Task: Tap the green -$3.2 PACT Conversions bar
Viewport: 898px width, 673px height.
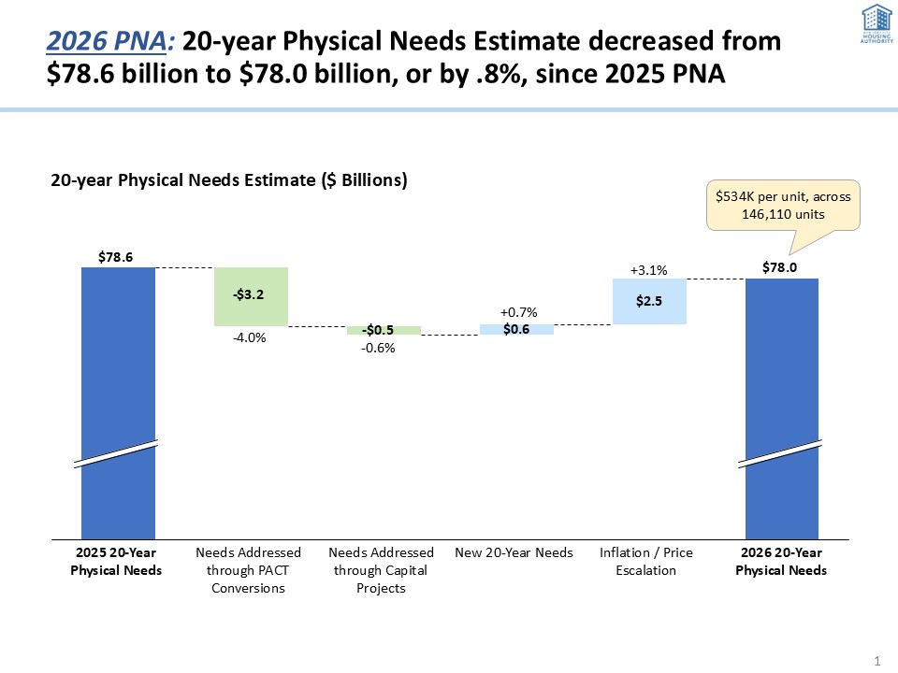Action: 251,296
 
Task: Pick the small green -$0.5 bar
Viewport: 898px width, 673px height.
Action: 384,330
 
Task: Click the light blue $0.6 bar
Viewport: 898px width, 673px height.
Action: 516,329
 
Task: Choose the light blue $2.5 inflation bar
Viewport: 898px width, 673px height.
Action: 649,301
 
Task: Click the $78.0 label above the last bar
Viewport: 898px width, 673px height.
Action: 781,266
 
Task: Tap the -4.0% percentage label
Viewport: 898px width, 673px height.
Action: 250,338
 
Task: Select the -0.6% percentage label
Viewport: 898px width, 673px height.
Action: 379,348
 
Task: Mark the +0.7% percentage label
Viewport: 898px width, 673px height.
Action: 517,311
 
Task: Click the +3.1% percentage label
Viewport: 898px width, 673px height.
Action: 648,270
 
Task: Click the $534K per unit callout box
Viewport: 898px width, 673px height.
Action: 781,205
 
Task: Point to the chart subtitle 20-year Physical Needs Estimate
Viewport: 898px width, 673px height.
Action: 228,181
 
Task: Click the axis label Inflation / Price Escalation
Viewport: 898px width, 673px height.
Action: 646,562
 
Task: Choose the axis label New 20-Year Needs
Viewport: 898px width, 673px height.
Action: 514,553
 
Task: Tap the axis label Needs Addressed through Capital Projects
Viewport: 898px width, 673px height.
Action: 381,570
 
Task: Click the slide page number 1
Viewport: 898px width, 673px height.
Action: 876,661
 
